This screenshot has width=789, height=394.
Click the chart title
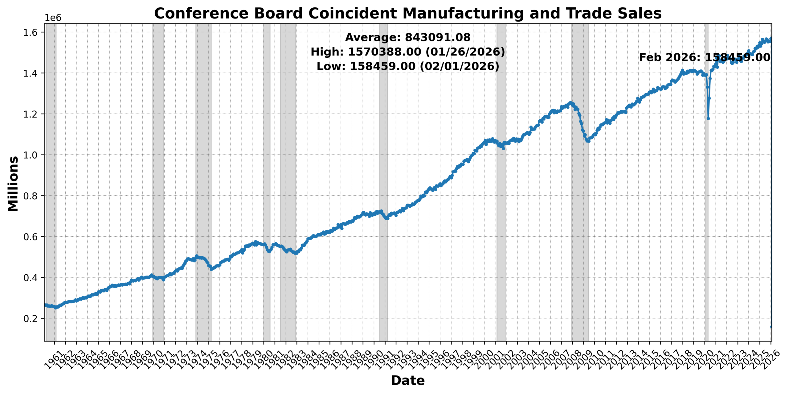coord(407,14)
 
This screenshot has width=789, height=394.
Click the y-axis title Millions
coord(13,184)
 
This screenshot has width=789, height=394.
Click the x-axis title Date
coord(407,380)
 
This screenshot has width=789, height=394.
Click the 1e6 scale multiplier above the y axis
coord(53,18)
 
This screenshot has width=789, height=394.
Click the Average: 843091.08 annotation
coord(407,37)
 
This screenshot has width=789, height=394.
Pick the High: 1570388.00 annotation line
coord(407,52)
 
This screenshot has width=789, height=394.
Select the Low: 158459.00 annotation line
coord(407,66)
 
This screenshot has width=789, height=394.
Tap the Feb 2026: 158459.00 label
coord(705,57)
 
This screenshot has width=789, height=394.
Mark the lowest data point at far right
coord(771,327)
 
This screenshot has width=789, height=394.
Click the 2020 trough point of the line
coord(708,118)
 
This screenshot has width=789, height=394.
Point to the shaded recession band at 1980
coord(267,182)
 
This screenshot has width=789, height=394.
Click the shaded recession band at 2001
coord(501,182)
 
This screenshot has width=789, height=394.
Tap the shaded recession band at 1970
coord(158,182)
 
